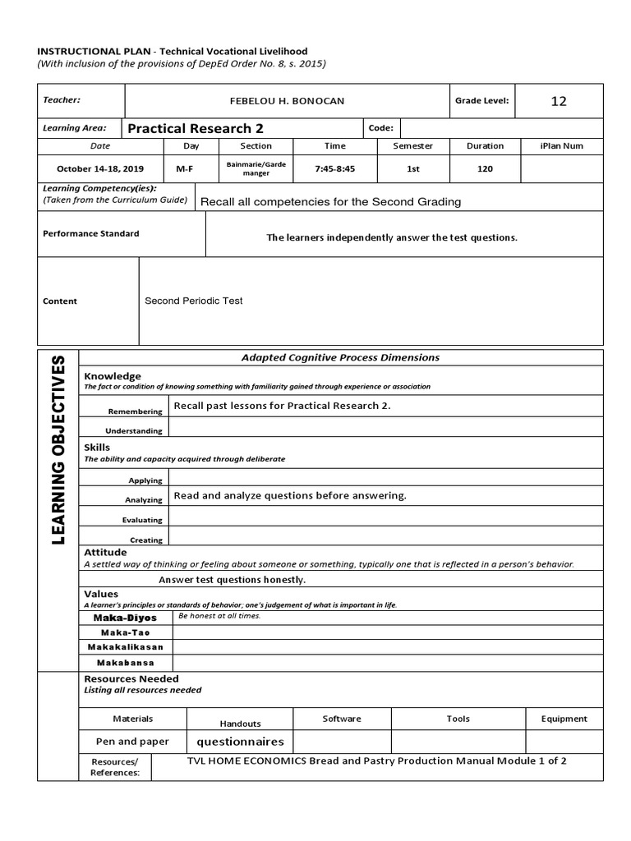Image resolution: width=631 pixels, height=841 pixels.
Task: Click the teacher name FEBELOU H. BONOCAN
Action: click(x=287, y=101)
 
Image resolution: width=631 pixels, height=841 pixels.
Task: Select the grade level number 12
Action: click(x=559, y=101)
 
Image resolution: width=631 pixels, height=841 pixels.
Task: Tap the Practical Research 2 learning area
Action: click(x=196, y=128)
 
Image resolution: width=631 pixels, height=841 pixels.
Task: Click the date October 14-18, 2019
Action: click(x=100, y=168)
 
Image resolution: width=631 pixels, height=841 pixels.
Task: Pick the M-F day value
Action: click(x=185, y=168)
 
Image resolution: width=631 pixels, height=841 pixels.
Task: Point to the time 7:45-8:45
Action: click(x=334, y=168)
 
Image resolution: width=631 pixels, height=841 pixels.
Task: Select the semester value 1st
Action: click(x=413, y=168)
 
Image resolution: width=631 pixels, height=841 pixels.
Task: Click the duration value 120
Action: click(x=485, y=168)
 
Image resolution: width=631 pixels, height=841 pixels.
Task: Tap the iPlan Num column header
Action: click(x=562, y=146)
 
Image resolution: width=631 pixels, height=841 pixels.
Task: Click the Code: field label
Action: click(x=381, y=128)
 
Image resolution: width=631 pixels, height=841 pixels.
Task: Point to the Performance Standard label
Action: click(x=90, y=233)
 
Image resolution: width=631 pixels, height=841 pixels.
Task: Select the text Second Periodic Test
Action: click(x=194, y=301)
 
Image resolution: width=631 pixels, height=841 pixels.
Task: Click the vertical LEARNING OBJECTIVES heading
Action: click(x=58, y=450)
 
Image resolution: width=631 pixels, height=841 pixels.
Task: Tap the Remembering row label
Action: click(x=135, y=411)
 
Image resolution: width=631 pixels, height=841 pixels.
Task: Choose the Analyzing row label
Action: click(x=144, y=499)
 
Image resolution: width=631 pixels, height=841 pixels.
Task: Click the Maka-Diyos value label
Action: click(x=126, y=618)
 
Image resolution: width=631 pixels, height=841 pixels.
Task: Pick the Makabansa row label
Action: click(x=125, y=663)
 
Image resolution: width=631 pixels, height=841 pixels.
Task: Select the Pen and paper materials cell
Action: click(x=132, y=741)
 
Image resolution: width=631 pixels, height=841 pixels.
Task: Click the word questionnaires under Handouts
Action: click(x=240, y=741)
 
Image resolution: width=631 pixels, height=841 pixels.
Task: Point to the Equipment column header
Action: click(x=564, y=719)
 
